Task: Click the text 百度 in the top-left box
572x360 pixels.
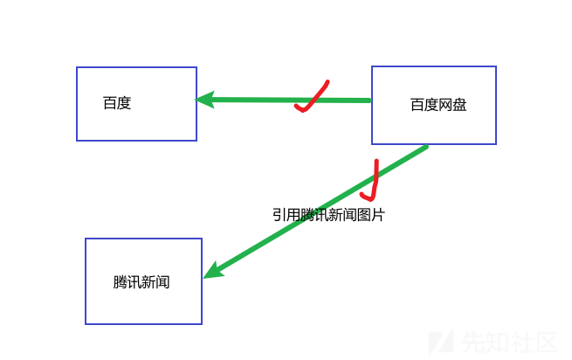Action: pyautogui.click(x=117, y=103)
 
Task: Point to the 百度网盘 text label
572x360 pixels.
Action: pyautogui.click(x=438, y=106)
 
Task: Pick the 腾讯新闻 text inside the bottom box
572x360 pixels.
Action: pyautogui.click(x=141, y=283)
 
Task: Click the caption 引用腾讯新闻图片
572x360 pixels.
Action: pyautogui.click(x=328, y=215)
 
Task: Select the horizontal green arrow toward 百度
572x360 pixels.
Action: pyautogui.click(x=262, y=100)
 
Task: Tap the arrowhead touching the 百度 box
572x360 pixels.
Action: pyautogui.click(x=204, y=100)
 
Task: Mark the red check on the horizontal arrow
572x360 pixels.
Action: pyautogui.click(x=311, y=98)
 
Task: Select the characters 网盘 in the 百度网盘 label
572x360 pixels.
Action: pyautogui.click(x=452, y=106)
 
